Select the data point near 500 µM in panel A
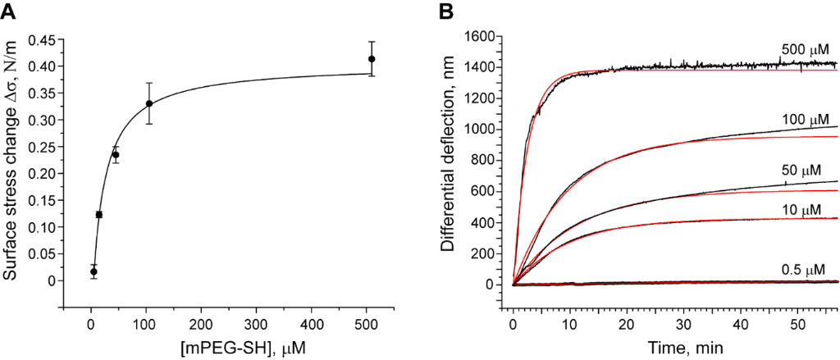372,59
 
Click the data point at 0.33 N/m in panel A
149,103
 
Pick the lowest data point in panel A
94,271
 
